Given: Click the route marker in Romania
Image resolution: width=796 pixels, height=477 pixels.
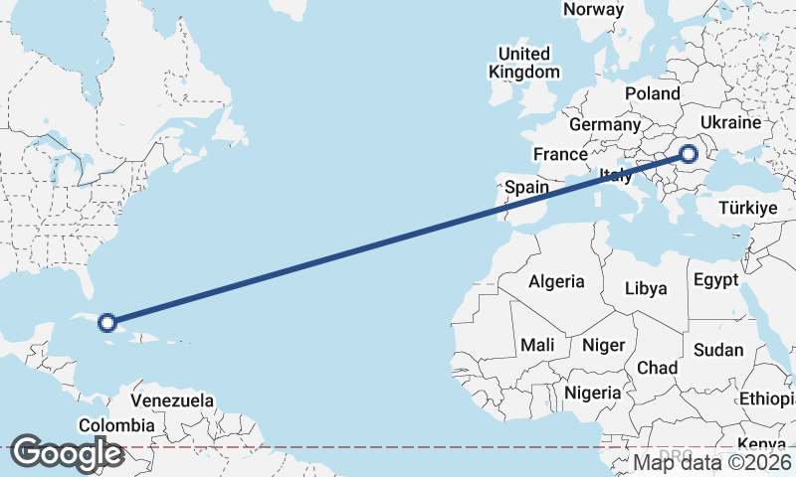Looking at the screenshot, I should pyautogui.click(x=688, y=153).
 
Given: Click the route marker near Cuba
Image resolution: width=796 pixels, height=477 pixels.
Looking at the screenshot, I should pyautogui.click(x=107, y=322).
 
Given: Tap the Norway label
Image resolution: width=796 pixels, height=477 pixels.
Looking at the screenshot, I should pyautogui.click(x=593, y=10).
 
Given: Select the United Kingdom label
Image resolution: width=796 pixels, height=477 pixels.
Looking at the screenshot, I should pyautogui.click(x=523, y=63).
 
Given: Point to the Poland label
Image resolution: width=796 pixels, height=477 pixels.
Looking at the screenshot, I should pyautogui.click(x=652, y=93).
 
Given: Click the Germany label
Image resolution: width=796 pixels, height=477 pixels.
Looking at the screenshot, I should pyautogui.click(x=604, y=125).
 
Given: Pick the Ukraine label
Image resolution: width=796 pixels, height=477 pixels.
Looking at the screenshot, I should pyautogui.click(x=730, y=122).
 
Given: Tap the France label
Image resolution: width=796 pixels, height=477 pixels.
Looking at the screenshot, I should pyautogui.click(x=560, y=155).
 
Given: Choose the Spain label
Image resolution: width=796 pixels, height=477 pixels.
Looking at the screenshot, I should pyautogui.click(x=526, y=187).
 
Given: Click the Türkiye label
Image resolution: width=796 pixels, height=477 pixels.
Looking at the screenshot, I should pyautogui.click(x=747, y=209).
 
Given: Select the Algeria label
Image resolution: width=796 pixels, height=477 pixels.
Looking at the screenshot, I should pyautogui.click(x=556, y=281).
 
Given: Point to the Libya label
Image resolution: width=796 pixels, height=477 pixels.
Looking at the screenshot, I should pyautogui.click(x=646, y=289).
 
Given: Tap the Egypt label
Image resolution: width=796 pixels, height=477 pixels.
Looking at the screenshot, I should pyautogui.click(x=716, y=279).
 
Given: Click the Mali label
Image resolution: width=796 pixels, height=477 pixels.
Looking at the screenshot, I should pyautogui.click(x=537, y=345).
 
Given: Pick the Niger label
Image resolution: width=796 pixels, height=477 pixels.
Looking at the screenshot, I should pyautogui.click(x=603, y=345).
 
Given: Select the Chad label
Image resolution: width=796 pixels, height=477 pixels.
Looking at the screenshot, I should pyautogui.click(x=657, y=368).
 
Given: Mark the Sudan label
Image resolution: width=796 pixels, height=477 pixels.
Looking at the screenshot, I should pyautogui.click(x=718, y=350).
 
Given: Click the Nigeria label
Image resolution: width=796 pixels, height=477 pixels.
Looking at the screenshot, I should pyautogui.click(x=593, y=393).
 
